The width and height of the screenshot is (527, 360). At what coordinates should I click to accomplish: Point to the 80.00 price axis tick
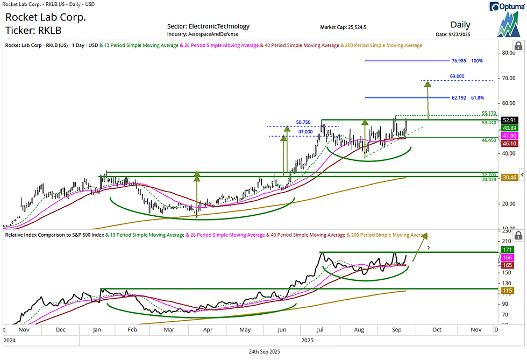(507, 53)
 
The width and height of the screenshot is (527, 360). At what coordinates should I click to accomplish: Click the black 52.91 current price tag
(509, 120)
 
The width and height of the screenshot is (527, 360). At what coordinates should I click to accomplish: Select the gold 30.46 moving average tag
(509, 177)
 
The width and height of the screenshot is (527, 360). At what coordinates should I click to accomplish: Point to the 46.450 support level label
(489, 140)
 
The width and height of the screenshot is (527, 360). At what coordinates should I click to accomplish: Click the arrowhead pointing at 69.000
(428, 83)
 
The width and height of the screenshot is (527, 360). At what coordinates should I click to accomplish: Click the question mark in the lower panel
(428, 248)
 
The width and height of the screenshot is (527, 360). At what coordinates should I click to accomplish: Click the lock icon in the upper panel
(518, 47)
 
